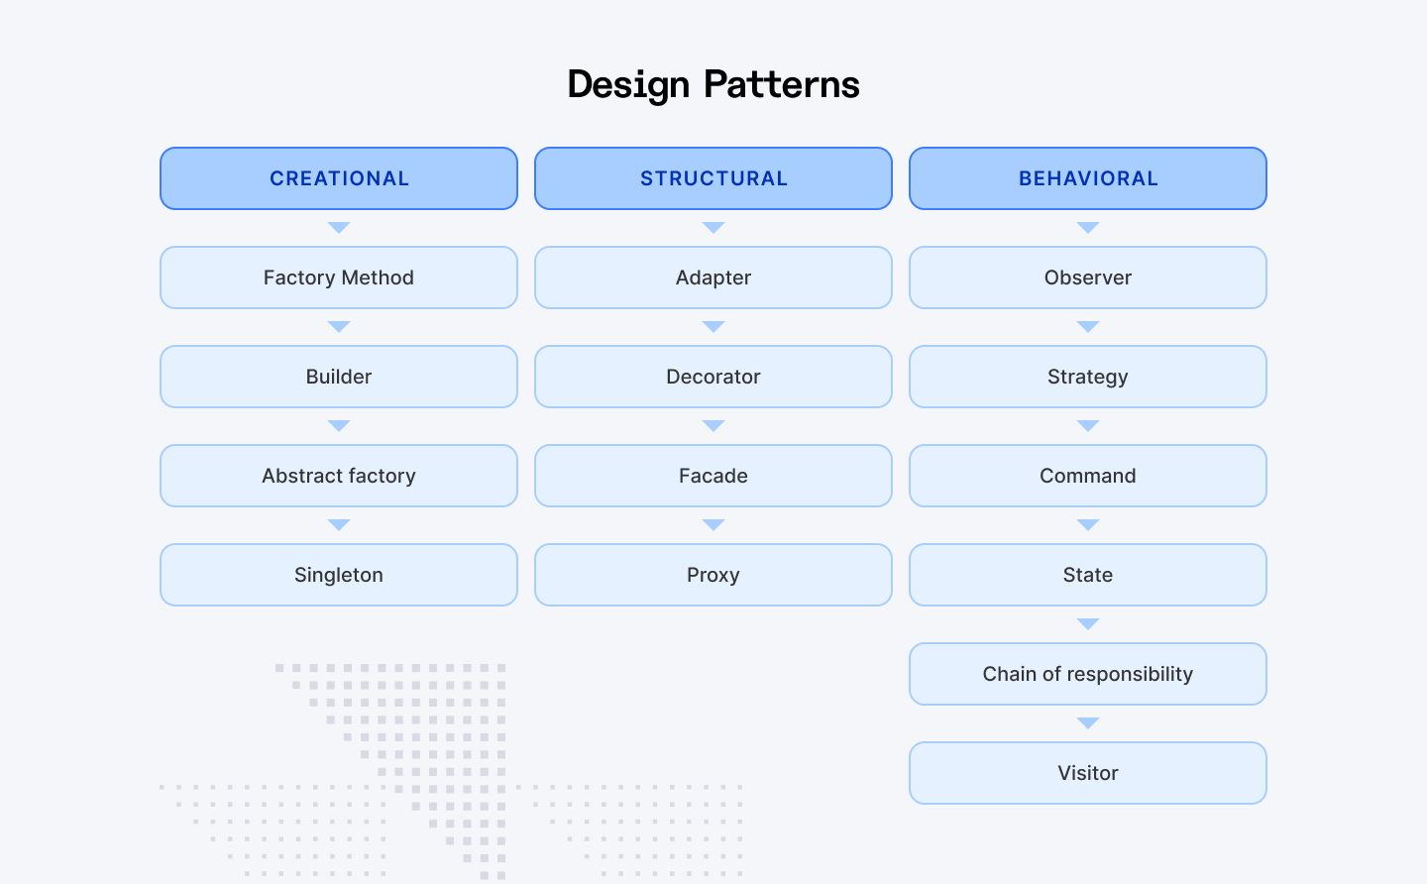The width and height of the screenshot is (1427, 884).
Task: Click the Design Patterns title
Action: pos(713,84)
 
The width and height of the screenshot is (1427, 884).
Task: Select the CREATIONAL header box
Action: pos(339,178)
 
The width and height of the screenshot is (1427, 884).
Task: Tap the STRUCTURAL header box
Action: pos(713,178)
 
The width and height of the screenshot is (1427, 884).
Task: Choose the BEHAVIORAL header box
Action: pos(1088,178)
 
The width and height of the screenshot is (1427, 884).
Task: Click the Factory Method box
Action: pos(339,277)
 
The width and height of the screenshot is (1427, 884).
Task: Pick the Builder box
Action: pos(339,377)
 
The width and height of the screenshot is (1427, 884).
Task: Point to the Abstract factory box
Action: pos(339,476)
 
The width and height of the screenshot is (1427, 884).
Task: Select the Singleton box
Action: pos(339,575)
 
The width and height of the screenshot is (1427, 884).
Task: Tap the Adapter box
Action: pos(713,277)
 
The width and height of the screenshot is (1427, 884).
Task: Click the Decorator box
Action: pos(713,377)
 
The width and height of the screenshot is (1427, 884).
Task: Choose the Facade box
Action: pos(713,476)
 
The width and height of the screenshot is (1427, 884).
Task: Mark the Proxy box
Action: pos(713,575)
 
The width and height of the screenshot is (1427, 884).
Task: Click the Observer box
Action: pos(1088,277)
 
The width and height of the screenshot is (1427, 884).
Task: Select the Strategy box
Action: pos(1088,377)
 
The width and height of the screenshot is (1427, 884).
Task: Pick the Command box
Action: pos(1088,476)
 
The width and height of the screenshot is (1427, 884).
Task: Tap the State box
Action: pos(1088,575)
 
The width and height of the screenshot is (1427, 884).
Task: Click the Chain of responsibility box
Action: pos(1088,674)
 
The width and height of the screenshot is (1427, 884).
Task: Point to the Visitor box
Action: pos(1088,773)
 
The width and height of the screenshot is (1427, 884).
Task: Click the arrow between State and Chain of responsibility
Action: pos(1088,623)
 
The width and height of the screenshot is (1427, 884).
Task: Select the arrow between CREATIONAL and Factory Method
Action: pos(339,227)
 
